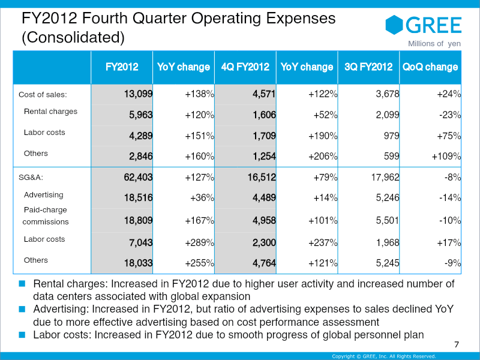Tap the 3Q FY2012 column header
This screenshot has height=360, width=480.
[x=368, y=67]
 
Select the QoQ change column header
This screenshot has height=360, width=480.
[x=430, y=67]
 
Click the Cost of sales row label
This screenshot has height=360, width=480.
[x=43, y=94]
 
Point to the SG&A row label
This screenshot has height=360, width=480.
[x=31, y=178]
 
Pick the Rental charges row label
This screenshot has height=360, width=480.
[x=50, y=112]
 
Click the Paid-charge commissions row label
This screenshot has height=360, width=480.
[x=45, y=216]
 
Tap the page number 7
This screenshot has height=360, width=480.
[x=457, y=344]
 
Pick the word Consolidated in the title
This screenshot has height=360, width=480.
[x=73, y=38]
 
